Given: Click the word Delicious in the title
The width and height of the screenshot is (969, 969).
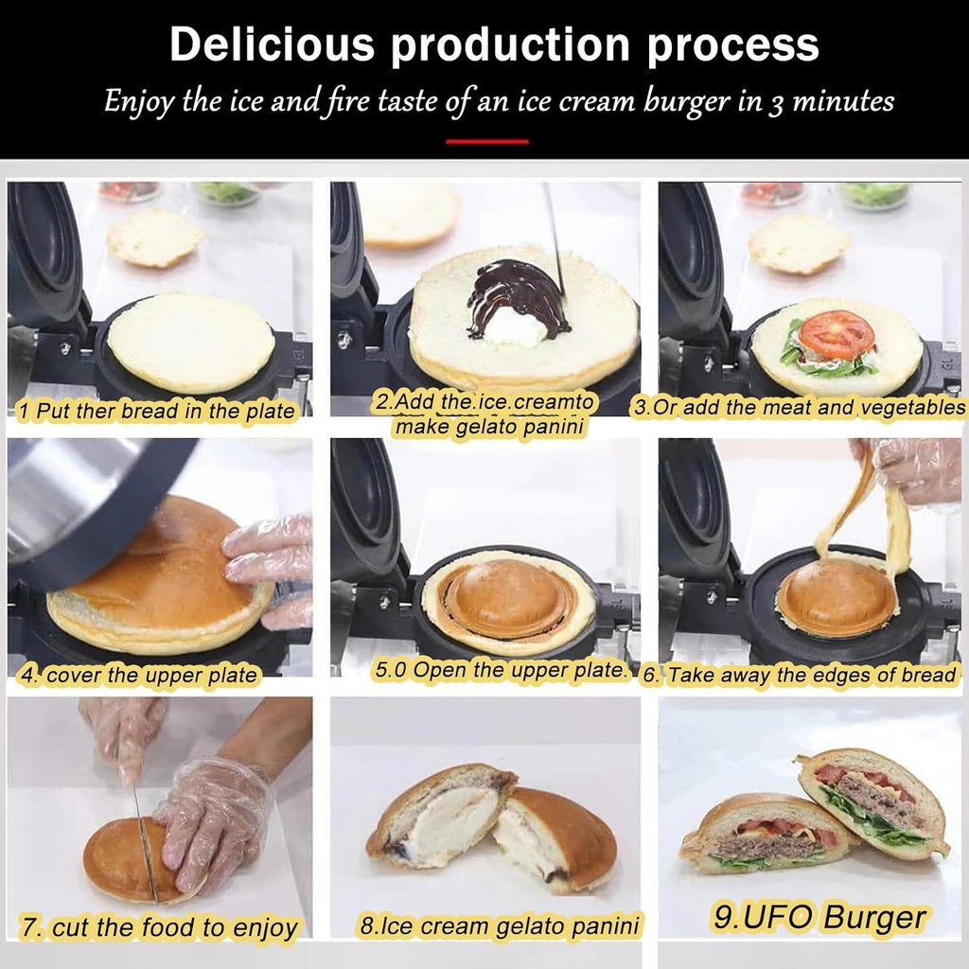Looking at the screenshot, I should tap(271, 44).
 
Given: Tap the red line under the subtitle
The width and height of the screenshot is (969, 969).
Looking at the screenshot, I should tap(486, 141).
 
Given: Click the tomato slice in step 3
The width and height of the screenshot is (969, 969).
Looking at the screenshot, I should tap(836, 334).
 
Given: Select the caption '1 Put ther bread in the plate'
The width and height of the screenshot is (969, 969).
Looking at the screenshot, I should tap(157, 412).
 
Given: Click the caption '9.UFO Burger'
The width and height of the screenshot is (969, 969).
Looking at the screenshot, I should tap(819, 917).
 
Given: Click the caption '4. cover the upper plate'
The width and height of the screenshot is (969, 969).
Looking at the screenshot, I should tap(138, 676).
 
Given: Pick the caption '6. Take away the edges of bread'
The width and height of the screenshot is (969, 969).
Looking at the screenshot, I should tap(800, 676).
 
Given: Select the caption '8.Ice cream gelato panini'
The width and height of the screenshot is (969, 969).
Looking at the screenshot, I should tap(499, 925).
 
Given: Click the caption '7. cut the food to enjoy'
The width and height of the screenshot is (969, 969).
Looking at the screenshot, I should tap(159, 927).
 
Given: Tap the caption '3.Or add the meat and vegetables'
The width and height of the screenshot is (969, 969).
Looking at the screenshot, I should tap(800, 408).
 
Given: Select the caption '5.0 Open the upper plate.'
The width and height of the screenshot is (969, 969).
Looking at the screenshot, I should tap(502, 671).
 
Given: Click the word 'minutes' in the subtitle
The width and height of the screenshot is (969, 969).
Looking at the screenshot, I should tap(842, 101).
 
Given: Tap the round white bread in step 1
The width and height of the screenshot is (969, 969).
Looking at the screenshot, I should tap(191, 342).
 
